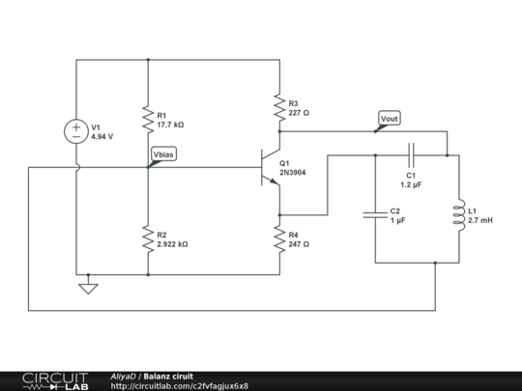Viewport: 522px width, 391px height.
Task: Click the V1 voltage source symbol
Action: (76, 131)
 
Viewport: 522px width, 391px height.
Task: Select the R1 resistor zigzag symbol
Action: (148, 120)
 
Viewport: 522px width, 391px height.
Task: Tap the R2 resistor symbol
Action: (148, 239)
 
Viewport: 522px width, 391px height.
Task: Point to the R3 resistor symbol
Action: (279, 107)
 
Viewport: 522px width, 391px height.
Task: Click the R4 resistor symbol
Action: (279, 239)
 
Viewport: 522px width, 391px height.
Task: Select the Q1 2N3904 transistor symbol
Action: (271, 167)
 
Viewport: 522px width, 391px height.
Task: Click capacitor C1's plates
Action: (411, 155)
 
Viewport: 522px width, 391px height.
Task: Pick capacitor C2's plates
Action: (375, 215)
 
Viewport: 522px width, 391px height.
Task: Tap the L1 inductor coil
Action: (459, 215)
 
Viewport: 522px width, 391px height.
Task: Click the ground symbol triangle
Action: (88, 289)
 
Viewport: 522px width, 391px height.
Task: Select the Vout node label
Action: (390, 119)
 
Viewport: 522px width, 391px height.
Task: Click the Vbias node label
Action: (163, 154)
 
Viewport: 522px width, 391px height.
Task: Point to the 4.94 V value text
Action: (102, 137)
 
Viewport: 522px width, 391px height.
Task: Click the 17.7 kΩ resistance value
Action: (170, 125)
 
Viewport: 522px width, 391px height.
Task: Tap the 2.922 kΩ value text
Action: (172, 244)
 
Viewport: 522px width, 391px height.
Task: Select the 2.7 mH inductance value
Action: (480, 220)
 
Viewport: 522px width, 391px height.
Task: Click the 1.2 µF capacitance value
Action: (411, 184)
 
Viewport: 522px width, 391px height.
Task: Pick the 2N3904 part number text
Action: (293, 173)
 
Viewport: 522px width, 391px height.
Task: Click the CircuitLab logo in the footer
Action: (55, 381)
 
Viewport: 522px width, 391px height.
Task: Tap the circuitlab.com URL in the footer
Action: (180, 386)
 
